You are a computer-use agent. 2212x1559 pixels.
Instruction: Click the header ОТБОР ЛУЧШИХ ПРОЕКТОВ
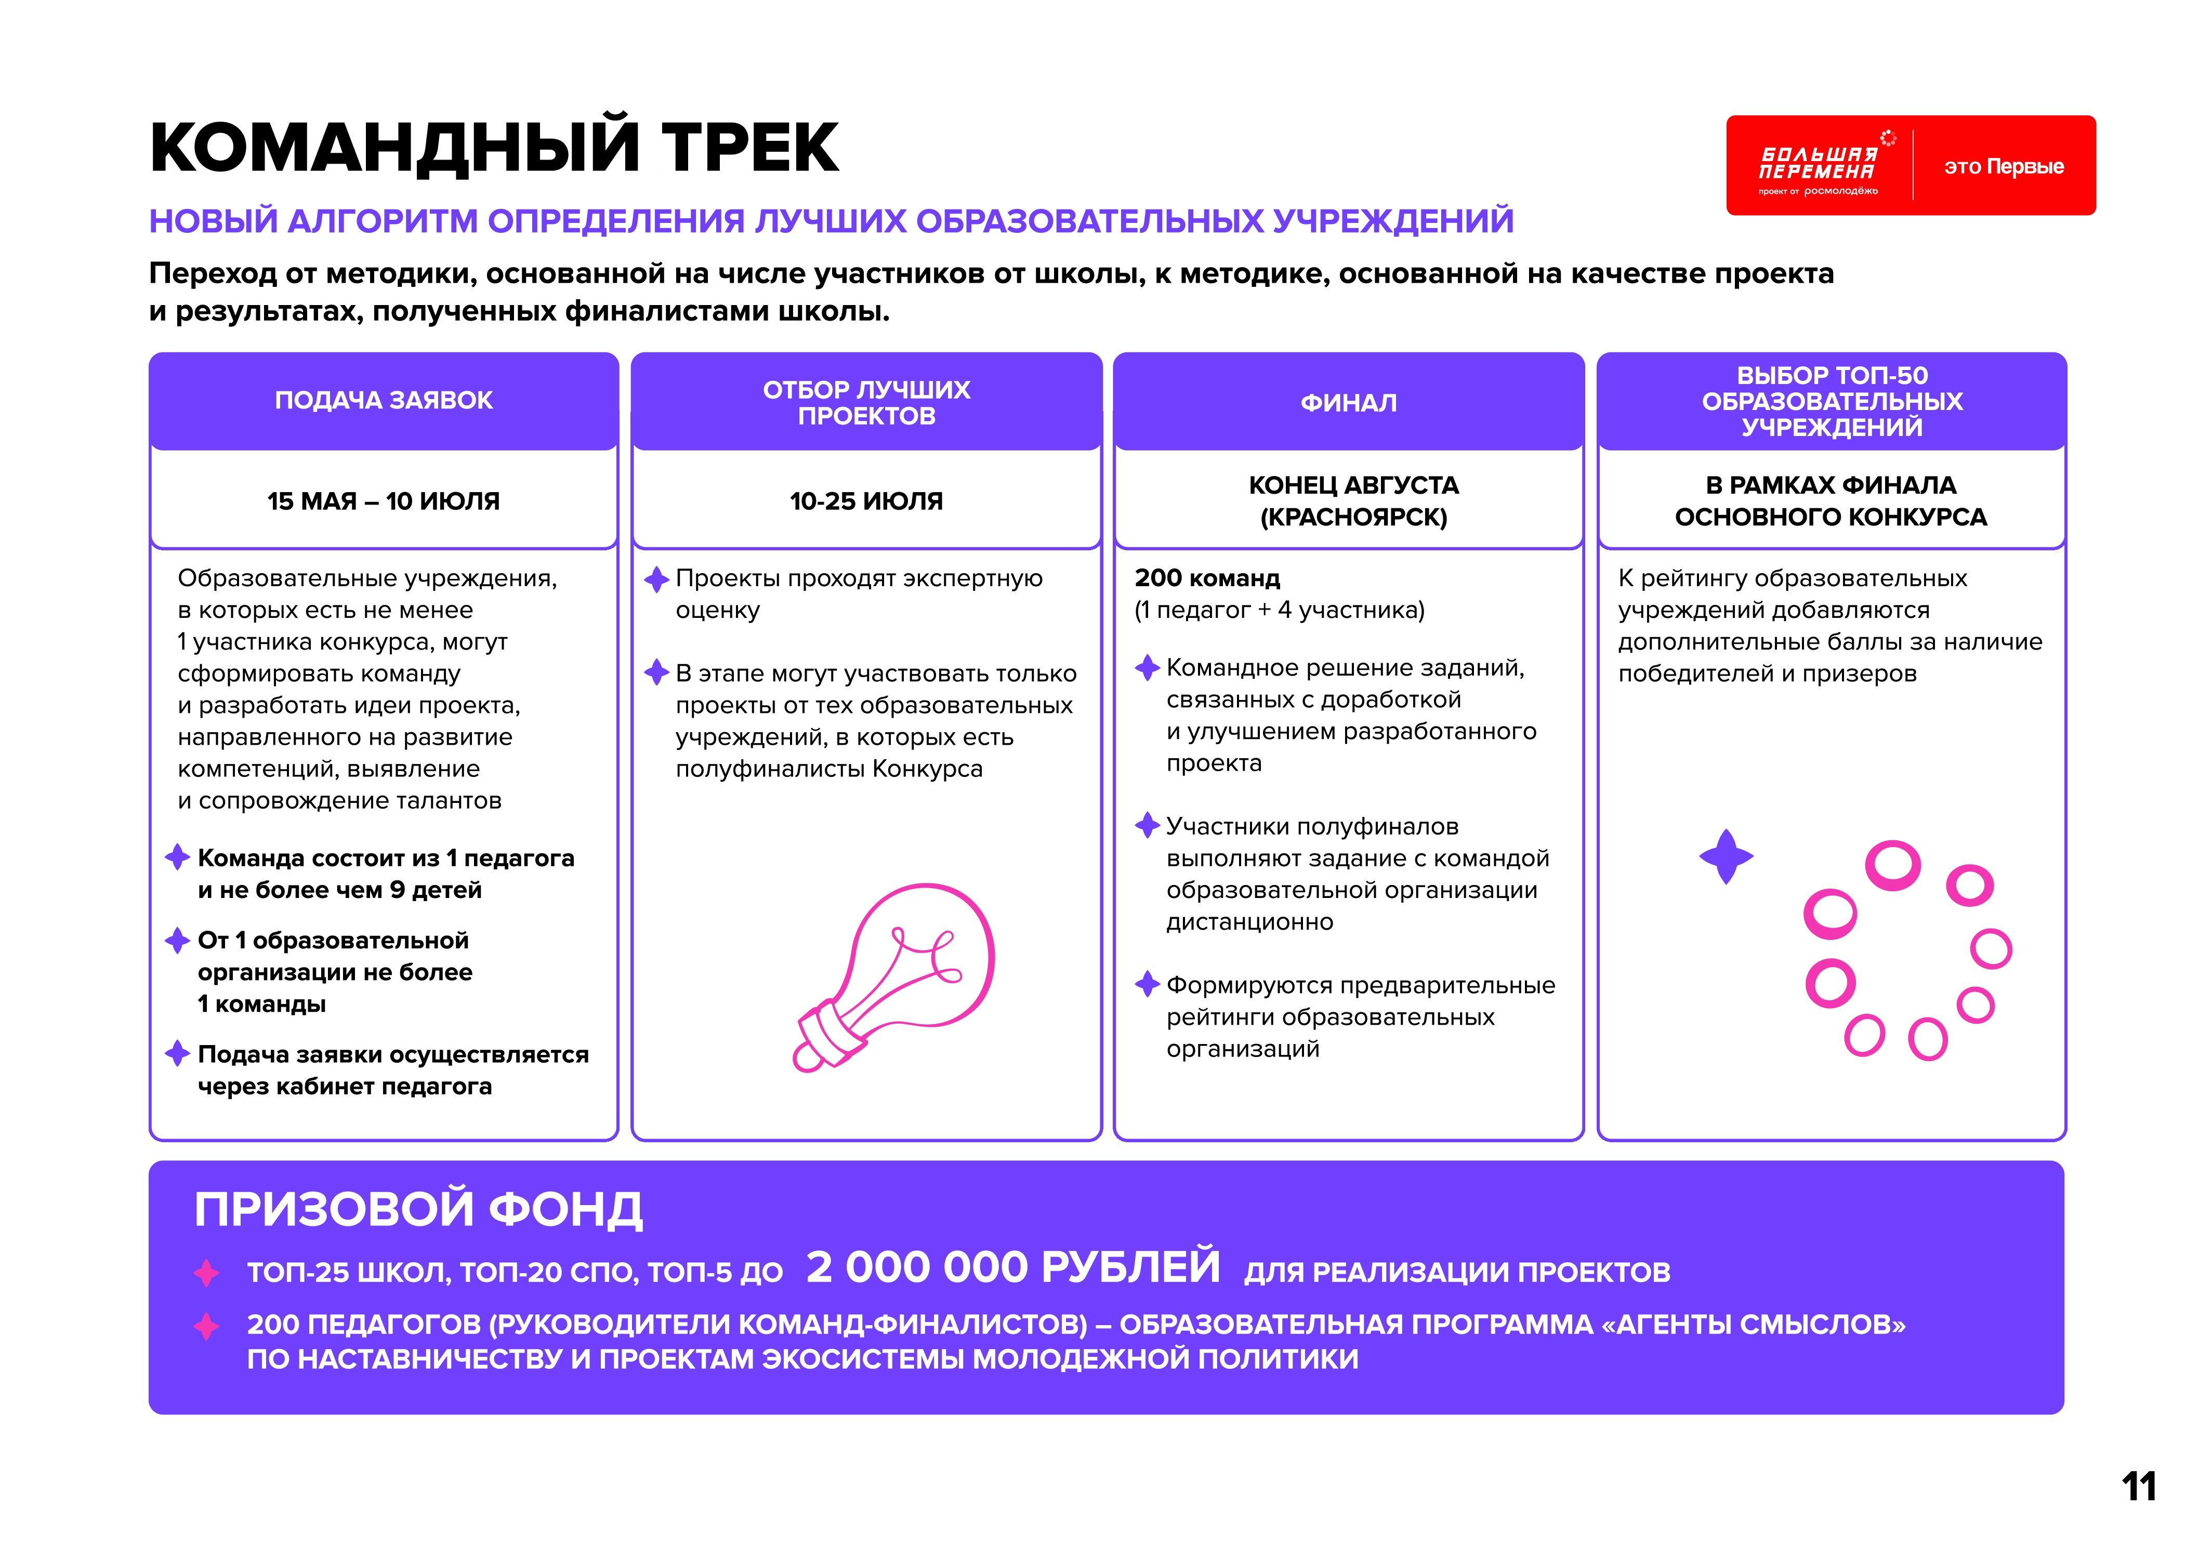pyautogui.click(x=866, y=403)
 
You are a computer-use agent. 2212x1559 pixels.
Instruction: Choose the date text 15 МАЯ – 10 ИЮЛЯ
pyautogui.click(x=384, y=501)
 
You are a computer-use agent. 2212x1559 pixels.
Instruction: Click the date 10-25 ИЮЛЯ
pyautogui.click(x=866, y=501)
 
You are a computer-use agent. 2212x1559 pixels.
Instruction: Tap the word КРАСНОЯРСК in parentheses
pyautogui.click(x=1353, y=518)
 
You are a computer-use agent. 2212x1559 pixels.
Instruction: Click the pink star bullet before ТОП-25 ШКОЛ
pyautogui.click(x=206, y=1273)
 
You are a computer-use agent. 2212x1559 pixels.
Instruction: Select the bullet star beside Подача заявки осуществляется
pyautogui.click(x=177, y=1053)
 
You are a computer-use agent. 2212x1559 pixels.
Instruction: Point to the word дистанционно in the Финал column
pyautogui.click(x=1249, y=922)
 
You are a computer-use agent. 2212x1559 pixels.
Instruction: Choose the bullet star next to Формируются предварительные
pyautogui.click(x=1147, y=984)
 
